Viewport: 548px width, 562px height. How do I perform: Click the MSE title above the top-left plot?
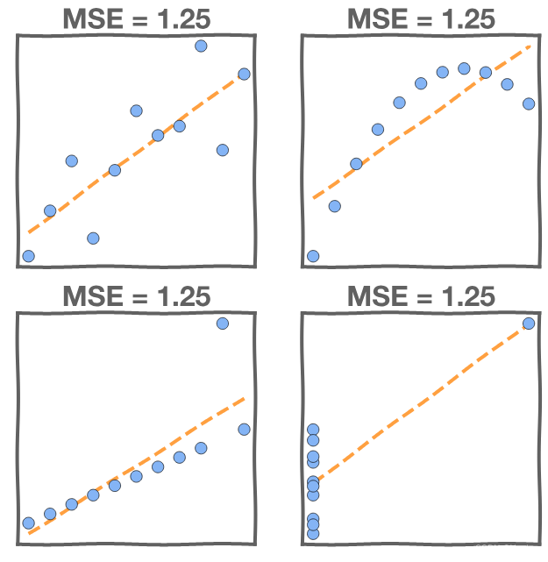click(x=136, y=18)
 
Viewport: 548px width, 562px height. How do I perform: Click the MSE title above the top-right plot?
click(x=421, y=18)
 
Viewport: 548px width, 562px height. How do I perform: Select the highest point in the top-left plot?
click(x=201, y=46)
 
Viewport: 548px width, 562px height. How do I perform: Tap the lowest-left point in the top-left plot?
click(x=28, y=256)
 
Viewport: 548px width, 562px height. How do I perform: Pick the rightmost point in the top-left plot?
click(x=244, y=74)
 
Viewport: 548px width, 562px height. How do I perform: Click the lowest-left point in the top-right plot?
click(x=313, y=256)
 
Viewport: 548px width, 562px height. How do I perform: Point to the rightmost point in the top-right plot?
click(x=529, y=103)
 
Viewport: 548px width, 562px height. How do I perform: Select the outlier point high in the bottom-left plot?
click(x=222, y=324)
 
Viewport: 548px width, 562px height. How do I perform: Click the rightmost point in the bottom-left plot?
click(x=244, y=429)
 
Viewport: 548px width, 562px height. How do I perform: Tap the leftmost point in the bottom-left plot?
click(x=28, y=523)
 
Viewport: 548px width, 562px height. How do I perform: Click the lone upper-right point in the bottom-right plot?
click(x=529, y=324)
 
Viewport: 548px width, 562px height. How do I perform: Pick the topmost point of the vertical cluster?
click(x=313, y=430)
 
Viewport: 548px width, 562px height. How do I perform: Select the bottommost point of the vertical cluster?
click(x=313, y=533)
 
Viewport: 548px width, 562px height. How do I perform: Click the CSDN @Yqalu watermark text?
click(x=511, y=548)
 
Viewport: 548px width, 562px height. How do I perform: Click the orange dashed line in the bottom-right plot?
click(x=421, y=402)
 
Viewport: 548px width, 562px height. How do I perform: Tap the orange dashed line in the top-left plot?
click(x=136, y=154)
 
